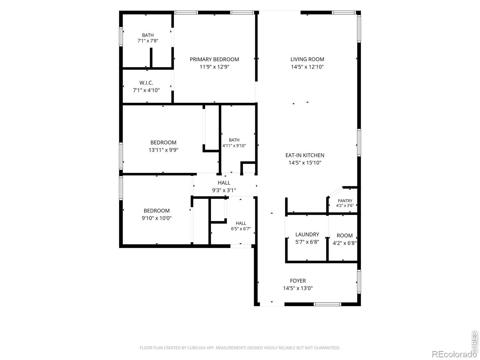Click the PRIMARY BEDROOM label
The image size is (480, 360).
point(214,59)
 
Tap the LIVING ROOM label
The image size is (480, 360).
point(307,59)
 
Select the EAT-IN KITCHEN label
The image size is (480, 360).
point(304,155)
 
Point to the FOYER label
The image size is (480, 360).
point(298,281)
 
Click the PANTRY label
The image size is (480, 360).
point(345,201)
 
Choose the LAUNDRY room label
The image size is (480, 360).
point(307,235)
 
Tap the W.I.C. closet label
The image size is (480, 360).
point(146,83)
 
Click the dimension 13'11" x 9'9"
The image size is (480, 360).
point(163,150)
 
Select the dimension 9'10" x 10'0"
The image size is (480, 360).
point(157,218)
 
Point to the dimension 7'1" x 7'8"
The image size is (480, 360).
point(148,41)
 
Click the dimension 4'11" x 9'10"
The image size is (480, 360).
point(234,145)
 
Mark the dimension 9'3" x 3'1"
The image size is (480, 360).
point(224,190)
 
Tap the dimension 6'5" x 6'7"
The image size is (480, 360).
point(241,229)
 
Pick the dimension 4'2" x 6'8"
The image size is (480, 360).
point(345,243)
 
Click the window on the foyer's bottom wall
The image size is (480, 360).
point(327,304)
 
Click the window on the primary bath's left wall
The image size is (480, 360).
point(121,37)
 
